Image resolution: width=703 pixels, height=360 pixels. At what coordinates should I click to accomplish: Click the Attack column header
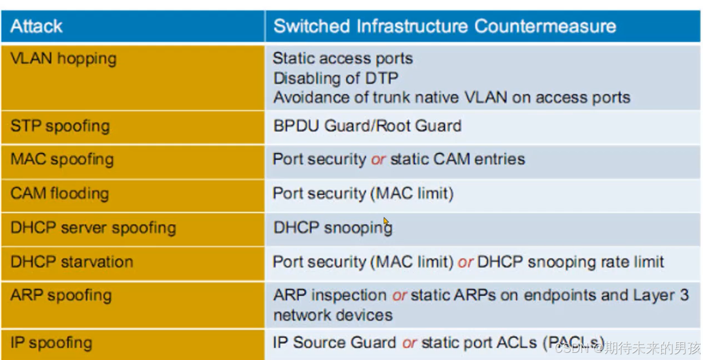[37, 26]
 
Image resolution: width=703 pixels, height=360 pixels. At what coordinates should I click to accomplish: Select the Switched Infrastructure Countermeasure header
[445, 26]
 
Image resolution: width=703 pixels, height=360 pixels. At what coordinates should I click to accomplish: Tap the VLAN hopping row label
[63, 58]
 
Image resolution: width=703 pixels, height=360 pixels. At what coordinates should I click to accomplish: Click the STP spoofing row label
[60, 125]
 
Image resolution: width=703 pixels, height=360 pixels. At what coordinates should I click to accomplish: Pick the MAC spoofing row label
[62, 159]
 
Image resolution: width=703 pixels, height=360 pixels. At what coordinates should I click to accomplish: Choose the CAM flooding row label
[59, 194]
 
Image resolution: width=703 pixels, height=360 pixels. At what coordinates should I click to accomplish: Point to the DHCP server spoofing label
[93, 228]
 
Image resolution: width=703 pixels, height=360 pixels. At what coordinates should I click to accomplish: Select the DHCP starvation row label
[72, 262]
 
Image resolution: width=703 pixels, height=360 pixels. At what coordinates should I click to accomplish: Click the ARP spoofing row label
[61, 295]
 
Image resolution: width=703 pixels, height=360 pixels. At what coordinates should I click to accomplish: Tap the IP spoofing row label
[51, 342]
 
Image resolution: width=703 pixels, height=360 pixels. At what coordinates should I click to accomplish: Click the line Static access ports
[343, 58]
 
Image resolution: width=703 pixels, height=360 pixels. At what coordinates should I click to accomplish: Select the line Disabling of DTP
[335, 78]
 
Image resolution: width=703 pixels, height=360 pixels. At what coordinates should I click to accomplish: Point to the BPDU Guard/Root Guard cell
[367, 125]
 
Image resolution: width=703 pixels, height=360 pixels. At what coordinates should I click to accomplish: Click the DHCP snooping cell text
[333, 228]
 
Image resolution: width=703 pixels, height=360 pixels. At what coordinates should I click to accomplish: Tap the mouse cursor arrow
[386, 221]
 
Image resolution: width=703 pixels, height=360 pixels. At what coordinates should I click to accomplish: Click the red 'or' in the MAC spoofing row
[378, 159]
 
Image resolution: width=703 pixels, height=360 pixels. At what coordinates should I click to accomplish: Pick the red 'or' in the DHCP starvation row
[465, 262]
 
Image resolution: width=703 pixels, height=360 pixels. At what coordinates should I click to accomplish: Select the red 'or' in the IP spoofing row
[409, 343]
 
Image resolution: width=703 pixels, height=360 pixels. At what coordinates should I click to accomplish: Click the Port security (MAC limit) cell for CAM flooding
[363, 194]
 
